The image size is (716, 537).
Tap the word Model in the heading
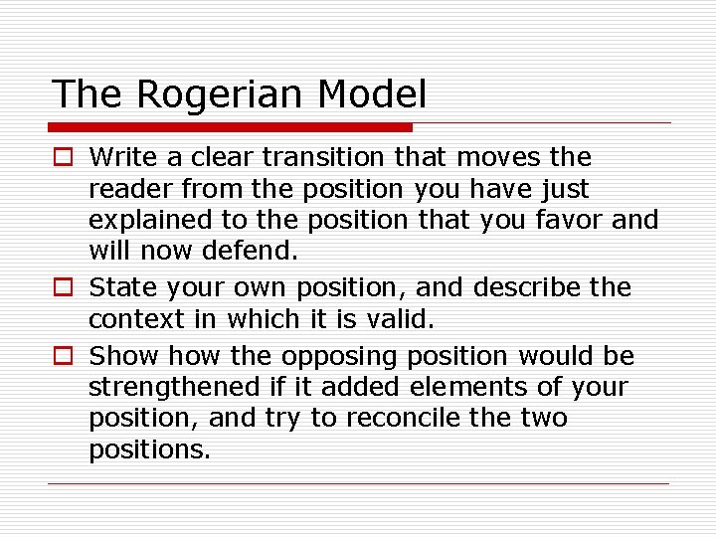click(x=373, y=94)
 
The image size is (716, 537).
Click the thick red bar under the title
click(x=230, y=127)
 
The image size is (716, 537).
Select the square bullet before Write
click(x=63, y=157)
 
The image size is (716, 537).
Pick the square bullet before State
click(x=63, y=288)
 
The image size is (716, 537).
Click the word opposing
click(x=338, y=357)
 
